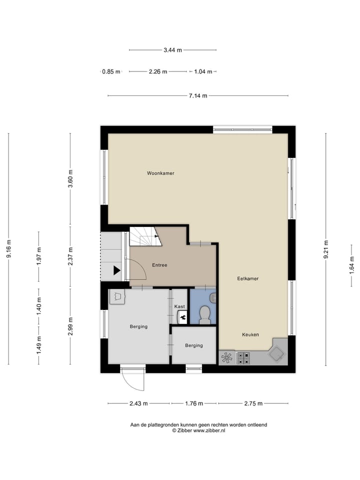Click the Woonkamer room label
click(160, 173)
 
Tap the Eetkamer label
click(247, 278)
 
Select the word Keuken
click(250, 334)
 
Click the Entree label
click(159, 265)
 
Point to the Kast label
click(179, 306)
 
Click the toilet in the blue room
click(204, 315)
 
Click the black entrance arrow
click(116, 270)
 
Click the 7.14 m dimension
click(198, 96)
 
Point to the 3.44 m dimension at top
click(172, 50)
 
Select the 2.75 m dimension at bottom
click(253, 403)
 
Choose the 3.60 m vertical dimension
click(70, 179)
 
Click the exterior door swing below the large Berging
click(133, 379)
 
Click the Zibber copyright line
click(198, 430)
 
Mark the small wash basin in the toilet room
click(213, 298)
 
